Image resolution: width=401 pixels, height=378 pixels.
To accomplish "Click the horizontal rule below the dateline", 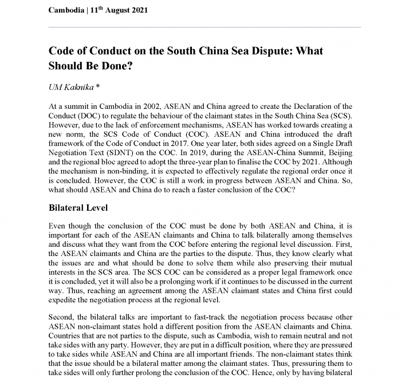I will pos(205,27).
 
